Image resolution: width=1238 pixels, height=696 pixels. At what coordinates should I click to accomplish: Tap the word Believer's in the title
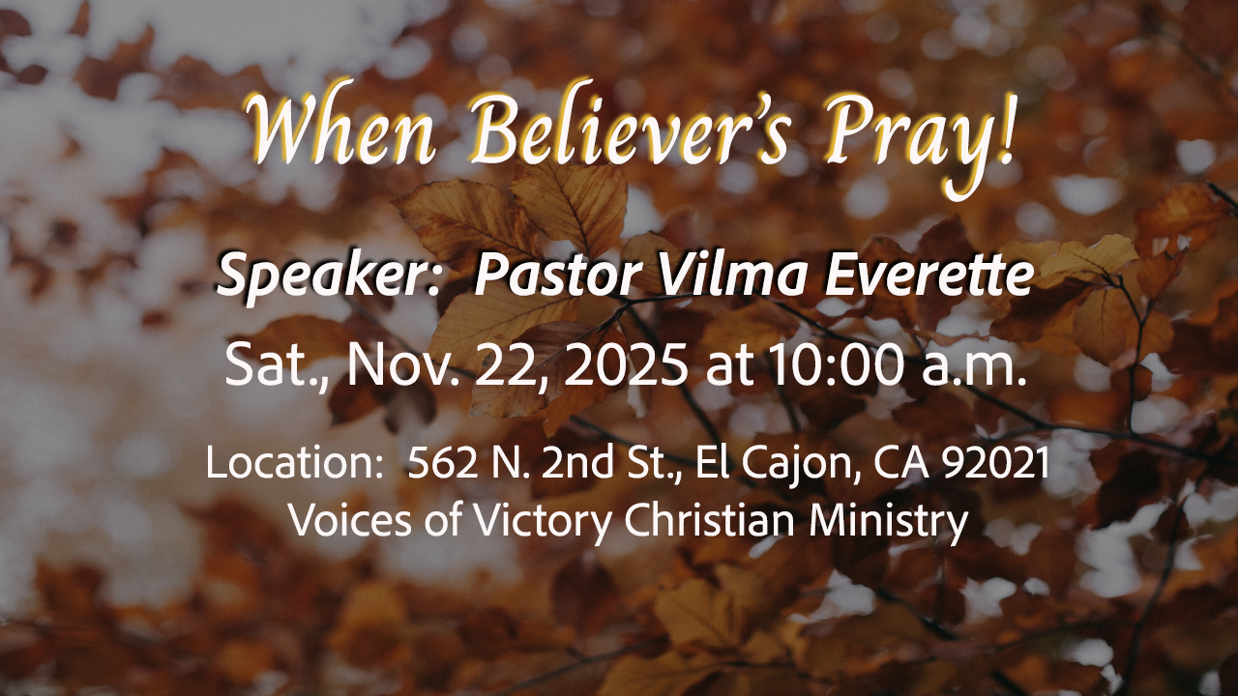(x=629, y=129)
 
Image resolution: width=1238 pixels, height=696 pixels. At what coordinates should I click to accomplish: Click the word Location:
(x=291, y=462)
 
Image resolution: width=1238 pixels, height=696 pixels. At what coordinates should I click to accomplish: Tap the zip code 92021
(x=995, y=462)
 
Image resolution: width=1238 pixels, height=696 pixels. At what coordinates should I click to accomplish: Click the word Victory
(x=544, y=522)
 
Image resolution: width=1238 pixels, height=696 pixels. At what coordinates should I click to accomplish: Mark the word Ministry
(x=888, y=522)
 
